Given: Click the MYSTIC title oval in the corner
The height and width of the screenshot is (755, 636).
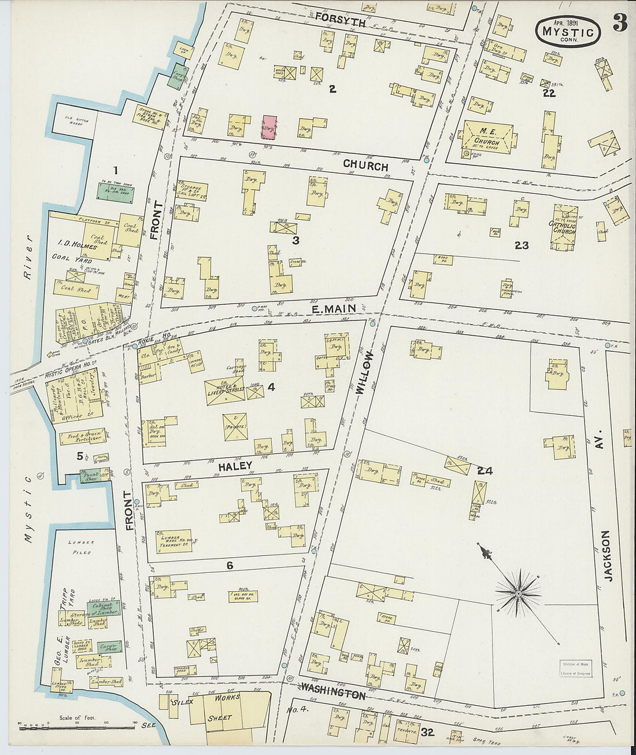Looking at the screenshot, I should click(568, 31).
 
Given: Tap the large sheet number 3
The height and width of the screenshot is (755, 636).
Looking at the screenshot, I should click(620, 22).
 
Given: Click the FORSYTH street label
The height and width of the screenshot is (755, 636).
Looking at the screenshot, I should click(340, 21).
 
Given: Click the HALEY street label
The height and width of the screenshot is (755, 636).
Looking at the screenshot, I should click(235, 466).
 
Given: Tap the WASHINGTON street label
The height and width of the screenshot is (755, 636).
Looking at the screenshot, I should click(332, 692).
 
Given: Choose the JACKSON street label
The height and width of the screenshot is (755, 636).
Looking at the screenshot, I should click(606, 555).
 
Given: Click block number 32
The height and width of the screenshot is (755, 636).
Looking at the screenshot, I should click(428, 732).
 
